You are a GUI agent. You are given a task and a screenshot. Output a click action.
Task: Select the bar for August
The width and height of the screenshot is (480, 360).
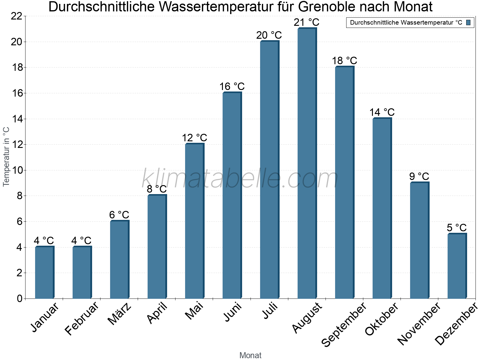pos(307,163)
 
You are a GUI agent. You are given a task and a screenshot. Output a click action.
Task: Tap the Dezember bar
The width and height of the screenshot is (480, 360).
pos(457,266)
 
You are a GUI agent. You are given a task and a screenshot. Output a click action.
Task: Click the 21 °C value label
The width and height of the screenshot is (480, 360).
pos(307,22)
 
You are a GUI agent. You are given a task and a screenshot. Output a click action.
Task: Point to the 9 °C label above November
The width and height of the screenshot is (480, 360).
pos(419,176)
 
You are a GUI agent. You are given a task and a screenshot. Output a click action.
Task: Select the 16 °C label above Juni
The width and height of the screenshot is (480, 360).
pos(232,86)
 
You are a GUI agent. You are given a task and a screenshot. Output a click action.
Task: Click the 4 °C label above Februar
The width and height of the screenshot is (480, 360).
pos(81,240)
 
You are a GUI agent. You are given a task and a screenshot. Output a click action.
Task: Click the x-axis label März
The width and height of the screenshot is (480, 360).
pos(119,314)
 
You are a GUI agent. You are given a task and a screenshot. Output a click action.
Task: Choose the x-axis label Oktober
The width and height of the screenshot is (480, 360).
pos(382,319)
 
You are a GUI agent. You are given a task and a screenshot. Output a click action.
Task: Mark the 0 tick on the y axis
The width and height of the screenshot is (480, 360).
pos(19,298)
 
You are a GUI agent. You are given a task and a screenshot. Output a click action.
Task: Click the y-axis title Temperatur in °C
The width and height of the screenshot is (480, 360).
pos(6,157)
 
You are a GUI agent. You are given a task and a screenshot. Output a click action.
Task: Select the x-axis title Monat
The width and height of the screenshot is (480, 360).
pos(250,355)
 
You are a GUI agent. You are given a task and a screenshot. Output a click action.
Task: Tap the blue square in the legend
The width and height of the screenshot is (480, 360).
pos(468,22)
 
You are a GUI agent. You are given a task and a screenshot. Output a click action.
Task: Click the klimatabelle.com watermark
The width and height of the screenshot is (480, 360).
pos(240,178)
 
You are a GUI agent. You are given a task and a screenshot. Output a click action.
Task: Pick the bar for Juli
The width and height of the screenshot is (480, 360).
pos(269,170)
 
